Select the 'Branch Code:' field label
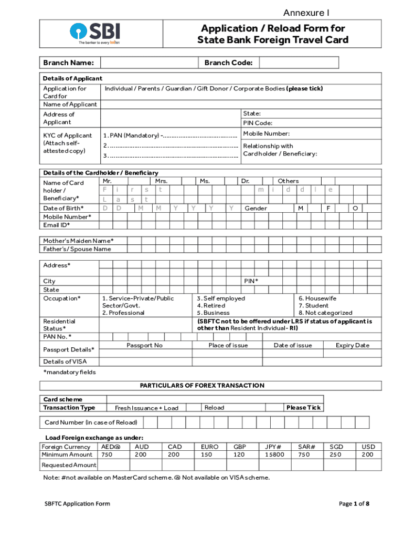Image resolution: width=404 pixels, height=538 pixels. click(x=228, y=63)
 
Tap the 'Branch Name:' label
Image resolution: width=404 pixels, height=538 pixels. click(x=69, y=63)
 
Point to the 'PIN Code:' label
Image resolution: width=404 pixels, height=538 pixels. click(x=257, y=123)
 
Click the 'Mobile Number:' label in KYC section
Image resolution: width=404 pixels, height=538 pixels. click(x=266, y=134)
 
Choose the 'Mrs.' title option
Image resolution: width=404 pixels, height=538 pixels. click(x=162, y=181)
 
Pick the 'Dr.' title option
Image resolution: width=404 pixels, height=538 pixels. click(x=245, y=181)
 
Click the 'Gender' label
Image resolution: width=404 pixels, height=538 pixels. click(x=256, y=209)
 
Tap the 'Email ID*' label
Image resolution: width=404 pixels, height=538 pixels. click(x=57, y=225)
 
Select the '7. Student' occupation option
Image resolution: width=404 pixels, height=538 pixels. click(x=314, y=305)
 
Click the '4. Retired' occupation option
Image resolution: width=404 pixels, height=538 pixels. click(x=211, y=305)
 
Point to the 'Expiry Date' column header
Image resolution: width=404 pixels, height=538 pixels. click(x=353, y=345)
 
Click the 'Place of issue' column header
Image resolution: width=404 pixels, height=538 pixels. click(x=228, y=345)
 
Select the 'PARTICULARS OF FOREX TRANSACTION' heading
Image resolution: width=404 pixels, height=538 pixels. click(x=202, y=386)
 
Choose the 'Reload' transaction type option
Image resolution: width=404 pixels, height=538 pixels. click(x=214, y=408)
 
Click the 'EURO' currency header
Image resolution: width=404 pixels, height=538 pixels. click(x=210, y=447)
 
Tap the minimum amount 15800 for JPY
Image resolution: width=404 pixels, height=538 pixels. click(x=274, y=454)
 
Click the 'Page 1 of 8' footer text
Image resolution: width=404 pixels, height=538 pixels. click(x=354, y=504)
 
